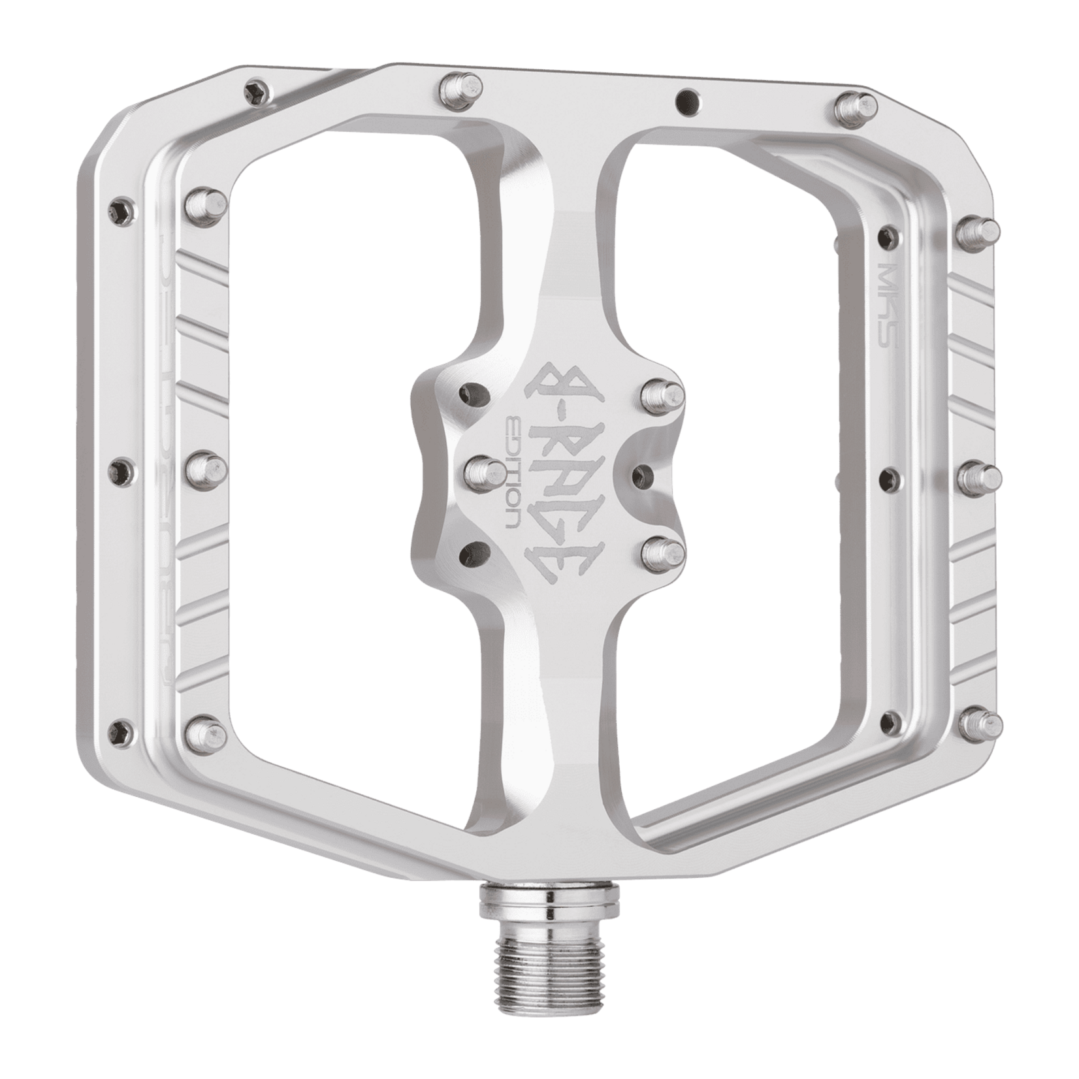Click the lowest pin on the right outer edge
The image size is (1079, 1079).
(x=982, y=722)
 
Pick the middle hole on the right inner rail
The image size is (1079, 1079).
(x=888, y=472)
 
